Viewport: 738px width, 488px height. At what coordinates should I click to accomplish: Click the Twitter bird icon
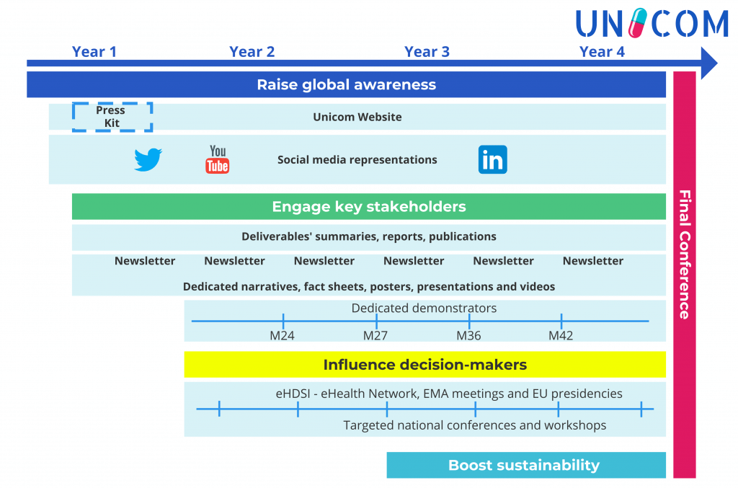pos(148,159)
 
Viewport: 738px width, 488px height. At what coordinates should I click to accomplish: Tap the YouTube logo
pos(218,159)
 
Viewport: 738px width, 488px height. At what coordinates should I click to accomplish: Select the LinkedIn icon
pos(493,159)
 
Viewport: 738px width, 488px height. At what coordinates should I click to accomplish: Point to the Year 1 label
pos(94,52)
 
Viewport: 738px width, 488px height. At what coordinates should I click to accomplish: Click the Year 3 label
pos(427,52)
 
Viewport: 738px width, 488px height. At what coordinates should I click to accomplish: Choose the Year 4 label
pos(602,52)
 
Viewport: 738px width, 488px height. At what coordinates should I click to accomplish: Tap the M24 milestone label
pos(282,335)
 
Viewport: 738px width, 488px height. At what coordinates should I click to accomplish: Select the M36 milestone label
pos(468,335)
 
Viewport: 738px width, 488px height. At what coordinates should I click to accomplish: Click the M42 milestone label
pos(561,335)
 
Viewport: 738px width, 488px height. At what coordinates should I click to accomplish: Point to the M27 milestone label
pos(375,335)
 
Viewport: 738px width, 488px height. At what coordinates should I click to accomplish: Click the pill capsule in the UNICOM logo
pos(638,22)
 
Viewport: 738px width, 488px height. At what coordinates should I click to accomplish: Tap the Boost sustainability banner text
pos(524,465)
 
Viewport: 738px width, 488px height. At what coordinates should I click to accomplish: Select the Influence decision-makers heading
pos(425,365)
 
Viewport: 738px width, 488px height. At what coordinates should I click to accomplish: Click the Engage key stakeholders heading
pos(369,207)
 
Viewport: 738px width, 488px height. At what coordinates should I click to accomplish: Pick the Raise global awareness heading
pos(347,85)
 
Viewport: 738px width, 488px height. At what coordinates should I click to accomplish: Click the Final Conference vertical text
pos(685,254)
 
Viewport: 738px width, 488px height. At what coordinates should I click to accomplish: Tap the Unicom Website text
pos(357,117)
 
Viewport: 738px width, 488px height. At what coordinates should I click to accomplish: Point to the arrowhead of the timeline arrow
pos(717,63)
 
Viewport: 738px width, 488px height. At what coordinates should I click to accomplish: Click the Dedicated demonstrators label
pos(424,308)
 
